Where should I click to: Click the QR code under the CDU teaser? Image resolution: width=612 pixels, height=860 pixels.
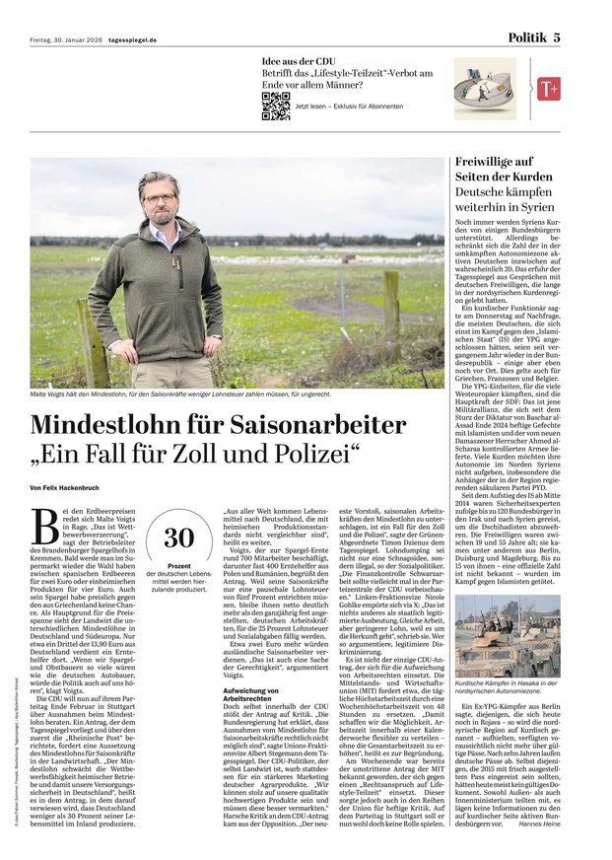coord(275,105)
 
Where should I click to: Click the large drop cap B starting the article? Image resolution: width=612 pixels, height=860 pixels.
coord(43,517)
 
